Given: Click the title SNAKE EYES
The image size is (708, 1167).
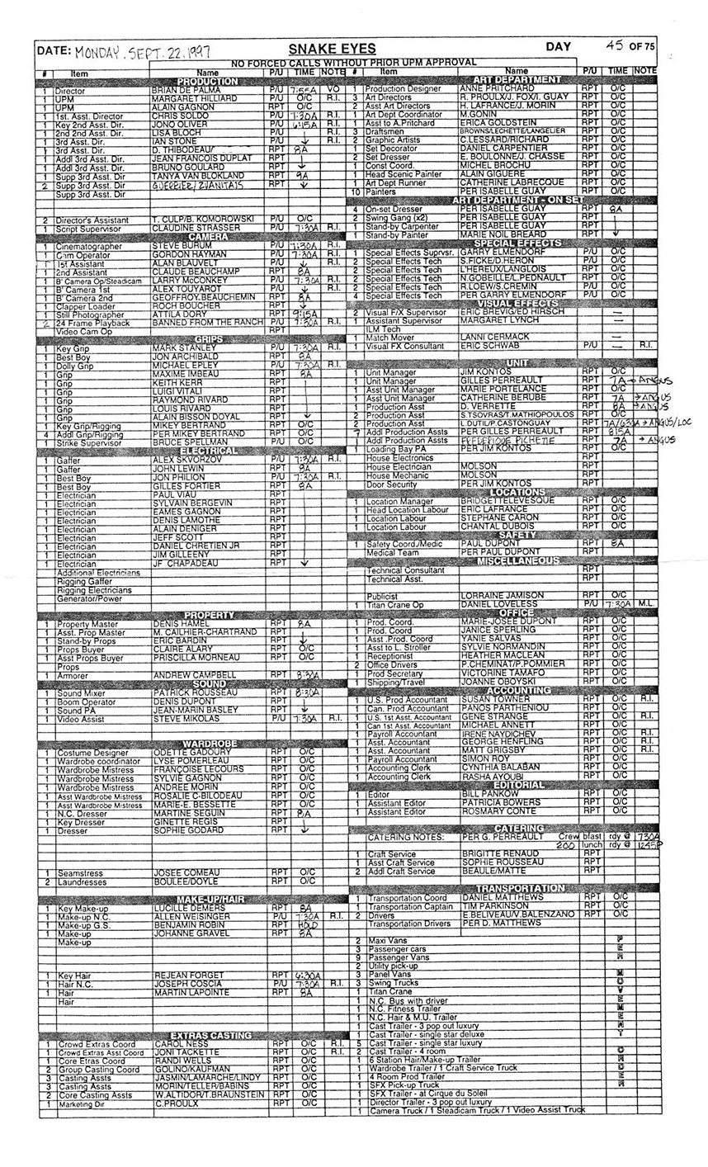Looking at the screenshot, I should (333, 50).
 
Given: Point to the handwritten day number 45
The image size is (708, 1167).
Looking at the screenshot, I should (613, 46).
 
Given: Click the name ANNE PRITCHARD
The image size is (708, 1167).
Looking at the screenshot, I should (497, 87).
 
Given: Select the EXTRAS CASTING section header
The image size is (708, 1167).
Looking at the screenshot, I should (209, 1035).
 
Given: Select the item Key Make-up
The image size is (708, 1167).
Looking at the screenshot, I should (83, 908).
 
